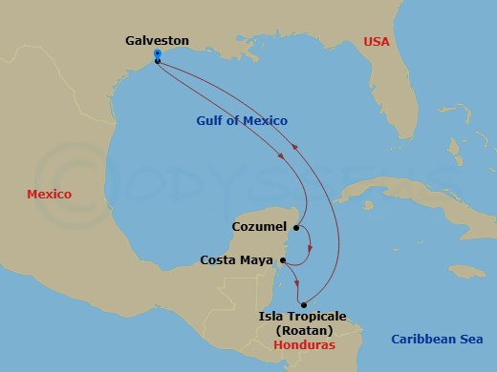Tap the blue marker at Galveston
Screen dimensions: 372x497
click(x=157, y=56)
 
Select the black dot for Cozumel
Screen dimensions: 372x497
click(x=297, y=228)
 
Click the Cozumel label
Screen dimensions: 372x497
click(x=260, y=228)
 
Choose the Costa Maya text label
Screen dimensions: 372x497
click(x=237, y=259)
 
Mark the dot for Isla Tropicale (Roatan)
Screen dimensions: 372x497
click(x=303, y=305)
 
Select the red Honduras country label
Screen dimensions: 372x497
click(x=304, y=345)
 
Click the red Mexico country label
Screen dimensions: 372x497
click(x=50, y=194)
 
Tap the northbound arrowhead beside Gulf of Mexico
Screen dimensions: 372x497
click(x=295, y=145)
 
